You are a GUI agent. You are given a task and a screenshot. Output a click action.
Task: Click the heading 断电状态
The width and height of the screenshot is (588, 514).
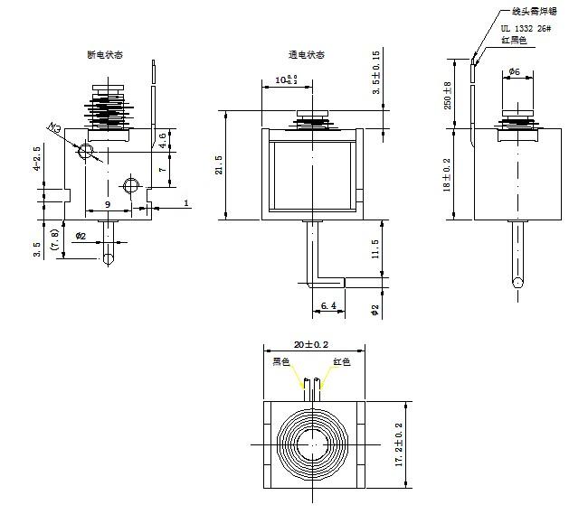[x=105, y=55]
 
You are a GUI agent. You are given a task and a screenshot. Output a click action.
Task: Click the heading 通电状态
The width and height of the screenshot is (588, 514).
[x=307, y=55]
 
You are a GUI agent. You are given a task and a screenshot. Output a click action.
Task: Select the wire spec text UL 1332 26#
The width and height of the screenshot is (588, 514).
[x=526, y=29]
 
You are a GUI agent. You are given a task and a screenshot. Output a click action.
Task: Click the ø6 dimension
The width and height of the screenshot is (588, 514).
[x=513, y=70]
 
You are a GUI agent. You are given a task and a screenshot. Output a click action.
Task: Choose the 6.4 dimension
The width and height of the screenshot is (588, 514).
[x=328, y=306]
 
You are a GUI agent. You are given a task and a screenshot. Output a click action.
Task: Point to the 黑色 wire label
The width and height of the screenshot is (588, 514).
[x=282, y=361]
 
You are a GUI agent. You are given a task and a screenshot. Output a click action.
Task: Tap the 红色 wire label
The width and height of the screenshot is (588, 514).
[x=341, y=361]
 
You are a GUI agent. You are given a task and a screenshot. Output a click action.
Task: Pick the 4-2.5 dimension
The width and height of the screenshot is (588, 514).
[x=37, y=158]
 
